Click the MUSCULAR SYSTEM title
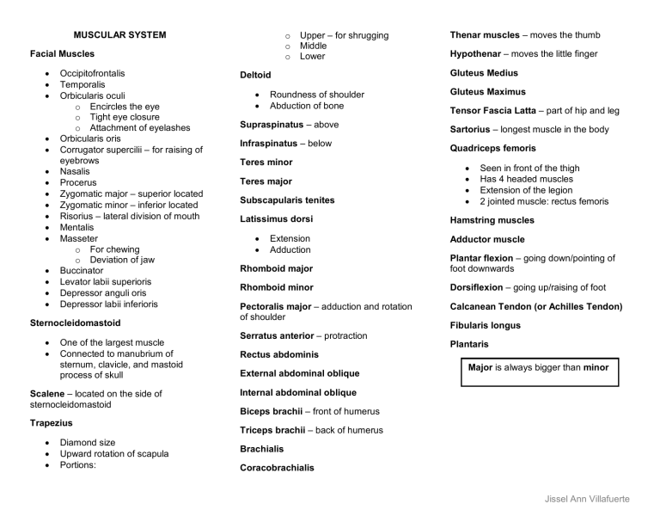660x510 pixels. (119, 35)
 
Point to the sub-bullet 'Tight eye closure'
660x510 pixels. (125, 117)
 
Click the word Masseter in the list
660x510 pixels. (78, 238)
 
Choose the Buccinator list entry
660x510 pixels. (82, 271)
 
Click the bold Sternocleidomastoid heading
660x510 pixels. (75, 323)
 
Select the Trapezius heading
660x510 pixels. (52, 423)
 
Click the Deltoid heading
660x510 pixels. (255, 76)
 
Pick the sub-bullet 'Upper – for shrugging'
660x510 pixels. (344, 35)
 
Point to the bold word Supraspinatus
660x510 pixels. (272, 125)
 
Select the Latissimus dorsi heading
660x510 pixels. (276, 219)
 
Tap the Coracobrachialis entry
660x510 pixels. (277, 468)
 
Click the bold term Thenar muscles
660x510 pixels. (485, 35)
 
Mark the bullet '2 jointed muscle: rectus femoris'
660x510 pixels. (544, 201)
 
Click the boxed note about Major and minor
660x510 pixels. (538, 368)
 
